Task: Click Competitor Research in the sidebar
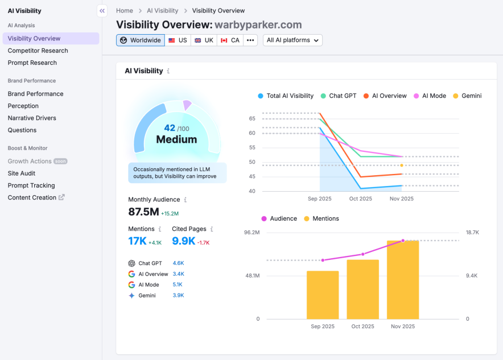pyautogui.click(x=38, y=51)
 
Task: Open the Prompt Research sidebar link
pyautogui.click(x=32, y=63)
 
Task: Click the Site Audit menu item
pyautogui.click(x=22, y=173)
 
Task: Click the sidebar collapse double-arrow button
pyautogui.click(x=102, y=10)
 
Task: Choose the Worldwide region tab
pyautogui.click(x=141, y=40)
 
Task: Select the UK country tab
pyautogui.click(x=204, y=40)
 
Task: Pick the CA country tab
pyautogui.click(x=230, y=40)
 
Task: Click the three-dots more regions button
pyautogui.click(x=250, y=40)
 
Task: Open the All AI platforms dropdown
pyautogui.click(x=292, y=40)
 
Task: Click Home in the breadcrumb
pyautogui.click(x=125, y=10)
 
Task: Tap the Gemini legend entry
pyautogui.click(x=467, y=96)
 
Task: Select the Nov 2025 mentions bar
pyautogui.click(x=403, y=279)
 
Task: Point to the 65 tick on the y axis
pyautogui.click(x=252, y=118)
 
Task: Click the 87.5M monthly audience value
pyautogui.click(x=143, y=212)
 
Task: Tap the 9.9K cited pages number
pyautogui.click(x=183, y=241)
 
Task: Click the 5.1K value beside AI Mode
pyautogui.click(x=178, y=285)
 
